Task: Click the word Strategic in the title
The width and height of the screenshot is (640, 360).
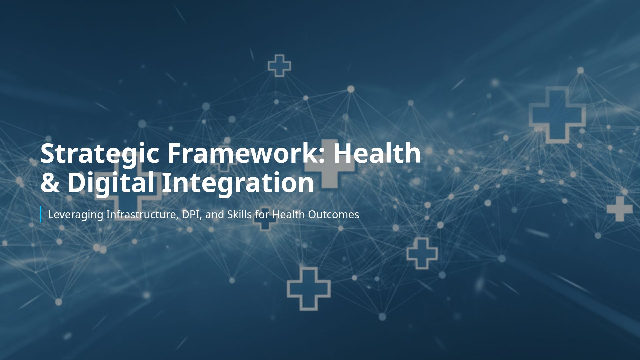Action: coord(99,153)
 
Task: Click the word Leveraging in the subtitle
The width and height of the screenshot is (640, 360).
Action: coord(76,215)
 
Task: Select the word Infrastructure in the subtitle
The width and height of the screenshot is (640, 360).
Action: coord(142,214)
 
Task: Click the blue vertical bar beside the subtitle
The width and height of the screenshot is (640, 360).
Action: coord(41,214)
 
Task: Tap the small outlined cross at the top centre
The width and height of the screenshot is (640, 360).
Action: coord(279,66)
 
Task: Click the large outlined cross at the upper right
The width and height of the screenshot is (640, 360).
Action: coord(557,115)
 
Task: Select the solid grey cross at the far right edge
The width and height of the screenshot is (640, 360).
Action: coord(620,209)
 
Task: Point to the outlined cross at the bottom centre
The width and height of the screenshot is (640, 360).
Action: coord(309,289)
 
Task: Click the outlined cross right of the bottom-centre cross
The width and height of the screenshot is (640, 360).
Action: coord(422,253)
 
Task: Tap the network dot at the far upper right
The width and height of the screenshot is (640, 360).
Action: coord(580,70)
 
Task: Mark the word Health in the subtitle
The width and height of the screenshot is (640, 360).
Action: coord(288,214)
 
